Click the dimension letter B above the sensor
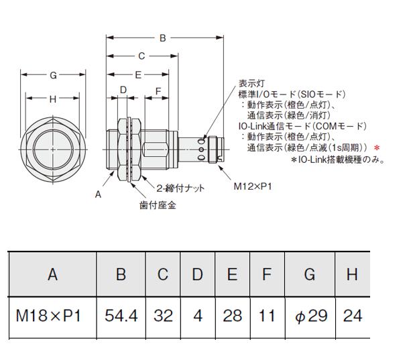pos(162,38)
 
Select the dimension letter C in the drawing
pos(141,56)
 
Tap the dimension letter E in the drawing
pos(138,75)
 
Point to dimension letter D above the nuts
pos(123,90)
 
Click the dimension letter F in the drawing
pos(158,91)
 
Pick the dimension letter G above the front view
pos(53,75)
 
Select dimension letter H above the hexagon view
pos(53,99)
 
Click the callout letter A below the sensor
pos(98,194)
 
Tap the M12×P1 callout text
pos(253,186)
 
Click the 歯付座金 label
pos(158,205)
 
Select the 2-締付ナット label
pos(180,188)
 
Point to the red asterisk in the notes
pos(377,148)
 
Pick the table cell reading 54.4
pos(121,316)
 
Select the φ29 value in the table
pos(311,316)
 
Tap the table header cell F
pos(267,274)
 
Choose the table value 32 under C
pos(163,316)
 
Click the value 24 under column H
pos(353,316)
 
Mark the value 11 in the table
pos(267,316)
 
